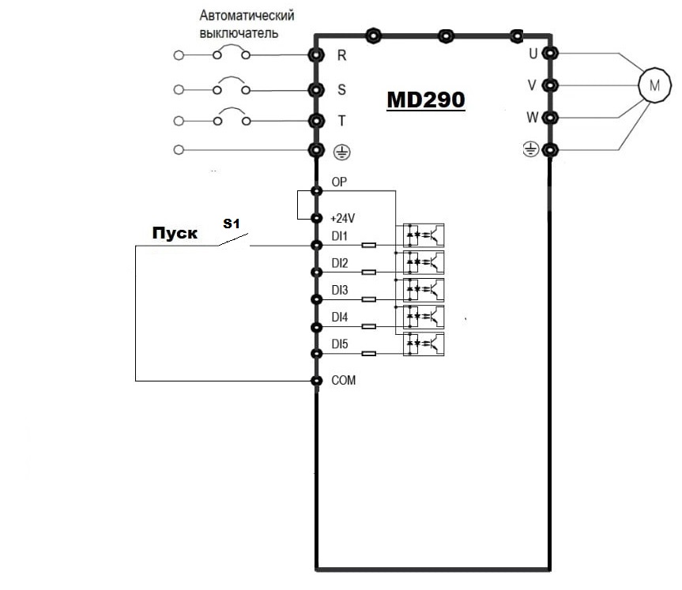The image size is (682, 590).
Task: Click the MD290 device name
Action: click(x=425, y=101)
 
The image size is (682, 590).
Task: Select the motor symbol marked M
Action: click(x=654, y=85)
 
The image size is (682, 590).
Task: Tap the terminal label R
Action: click(x=341, y=55)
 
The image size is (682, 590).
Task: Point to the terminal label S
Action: click(x=341, y=89)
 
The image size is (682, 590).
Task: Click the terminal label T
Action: click(x=341, y=120)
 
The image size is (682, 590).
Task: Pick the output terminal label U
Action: click(x=533, y=54)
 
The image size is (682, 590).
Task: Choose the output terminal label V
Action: click(x=533, y=85)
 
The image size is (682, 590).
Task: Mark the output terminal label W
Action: click(x=533, y=118)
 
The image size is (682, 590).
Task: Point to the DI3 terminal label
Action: click(x=340, y=290)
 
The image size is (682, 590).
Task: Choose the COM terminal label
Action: click(x=344, y=380)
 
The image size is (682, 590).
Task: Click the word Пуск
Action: click(x=175, y=235)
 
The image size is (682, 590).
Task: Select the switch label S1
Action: click(x=231, y=224)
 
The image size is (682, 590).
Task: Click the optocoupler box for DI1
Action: click(x=424, y=235)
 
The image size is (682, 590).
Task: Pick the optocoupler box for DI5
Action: click(x=424, y=343)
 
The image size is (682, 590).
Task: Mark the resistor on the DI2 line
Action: click(x=368, y=272)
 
